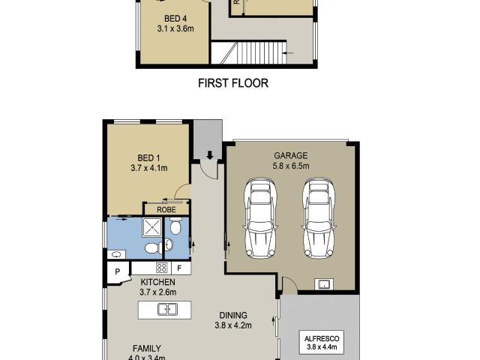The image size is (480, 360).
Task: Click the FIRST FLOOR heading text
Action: [232, 83]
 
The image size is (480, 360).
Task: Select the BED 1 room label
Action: [148, 157]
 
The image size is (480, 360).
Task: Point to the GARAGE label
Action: [290, 156]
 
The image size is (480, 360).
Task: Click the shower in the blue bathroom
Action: [152, 227]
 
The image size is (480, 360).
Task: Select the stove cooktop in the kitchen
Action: [160, 268]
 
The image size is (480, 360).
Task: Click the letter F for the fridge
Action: [179, 268]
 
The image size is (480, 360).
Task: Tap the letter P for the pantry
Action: [118, 274]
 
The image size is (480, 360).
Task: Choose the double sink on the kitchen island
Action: [166, 309]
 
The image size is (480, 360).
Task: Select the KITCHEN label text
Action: [157, 281]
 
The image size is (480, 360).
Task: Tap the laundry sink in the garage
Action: [324, 283]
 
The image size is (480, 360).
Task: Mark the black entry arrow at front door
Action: [210, 157]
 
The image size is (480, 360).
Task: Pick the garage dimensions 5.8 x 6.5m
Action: [290, 166]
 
